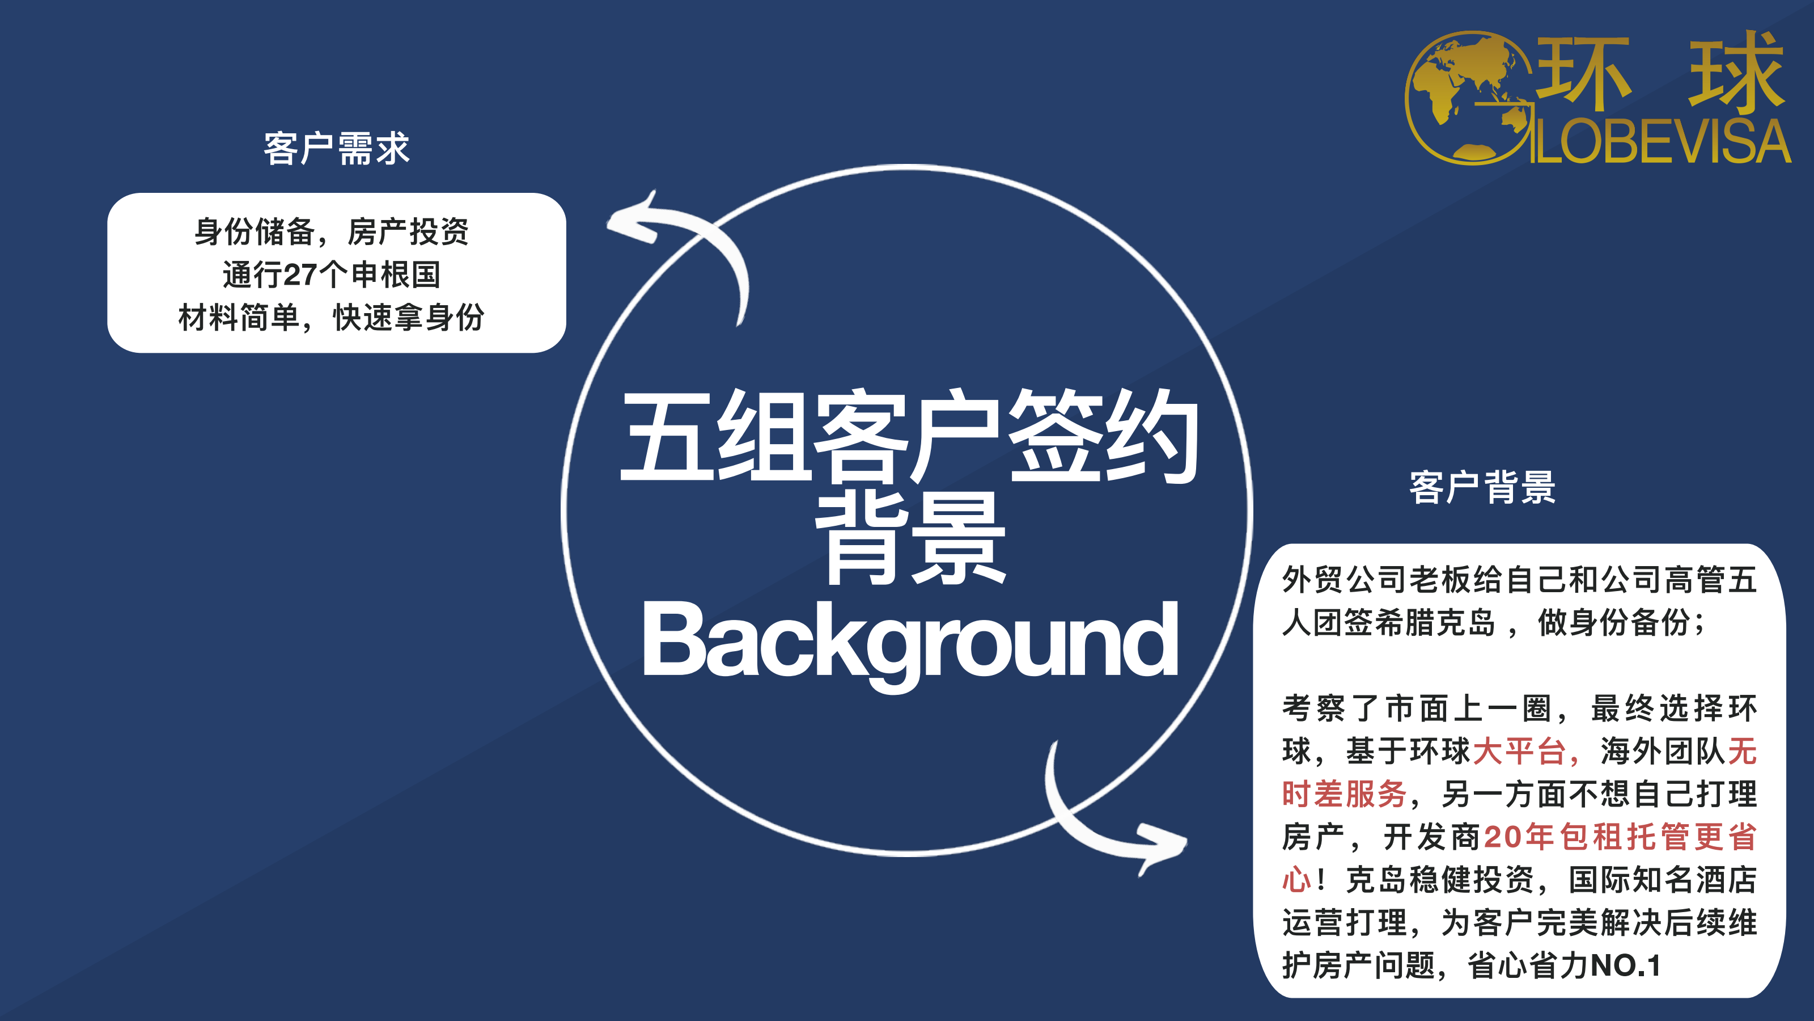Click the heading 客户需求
pyautogui.click(x=336, y=149)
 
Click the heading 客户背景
pyautogui.click(x=1482, y=487)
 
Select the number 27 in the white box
pyautogui.click(x=299, y=275)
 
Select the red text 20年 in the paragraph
pyautogui.click(x=1519, y=837)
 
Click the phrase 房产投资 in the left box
pyautogui.click(x=408, y=232)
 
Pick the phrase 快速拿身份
pyautogui.click(x=408, y=318)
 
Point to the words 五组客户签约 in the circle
pyautogui.click(x=909, y=436)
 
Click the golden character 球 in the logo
pyautogui.click(x=1736, y=72)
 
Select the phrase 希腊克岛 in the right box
pyautogui.click(x=1434, y=623)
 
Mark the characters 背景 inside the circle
pyautogui.click(x=910, y=539)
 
